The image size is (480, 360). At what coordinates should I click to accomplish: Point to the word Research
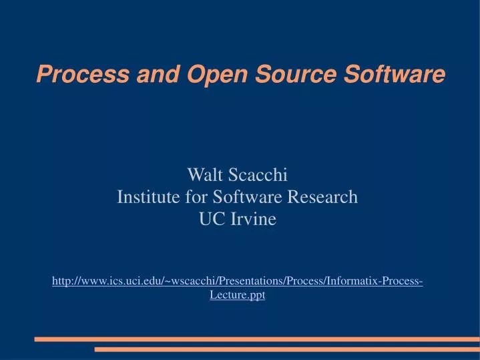click(324, 198)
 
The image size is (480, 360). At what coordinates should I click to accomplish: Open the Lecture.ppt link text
click(237, 295)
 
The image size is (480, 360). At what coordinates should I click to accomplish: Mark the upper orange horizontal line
click(257, 339)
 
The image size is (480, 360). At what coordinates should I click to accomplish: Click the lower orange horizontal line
click(287, 349)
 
